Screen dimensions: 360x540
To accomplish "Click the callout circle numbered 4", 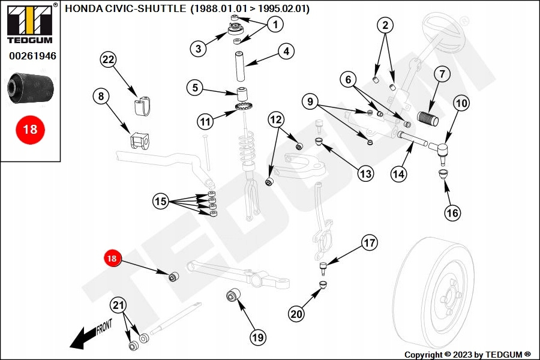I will point(286,52).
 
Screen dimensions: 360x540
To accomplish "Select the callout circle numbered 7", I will point(441,75).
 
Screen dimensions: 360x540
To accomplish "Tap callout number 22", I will point(108,59).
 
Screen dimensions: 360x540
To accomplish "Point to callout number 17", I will point(370,243).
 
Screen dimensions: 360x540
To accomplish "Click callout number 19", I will point(257,338).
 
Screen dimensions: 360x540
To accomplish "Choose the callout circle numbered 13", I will point(365,174).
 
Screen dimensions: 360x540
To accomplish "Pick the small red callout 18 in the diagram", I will point(112,259).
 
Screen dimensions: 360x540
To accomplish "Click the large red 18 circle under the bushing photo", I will point(30,128).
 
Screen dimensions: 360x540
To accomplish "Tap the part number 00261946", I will point(32,56).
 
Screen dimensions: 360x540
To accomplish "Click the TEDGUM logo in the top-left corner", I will point(30,23).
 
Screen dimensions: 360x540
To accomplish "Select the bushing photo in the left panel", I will point(30,87).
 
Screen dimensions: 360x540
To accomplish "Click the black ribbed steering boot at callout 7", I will point(428,118).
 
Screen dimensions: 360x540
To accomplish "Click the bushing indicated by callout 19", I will point(232,296).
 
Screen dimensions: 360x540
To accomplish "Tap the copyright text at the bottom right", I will point(467,355).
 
